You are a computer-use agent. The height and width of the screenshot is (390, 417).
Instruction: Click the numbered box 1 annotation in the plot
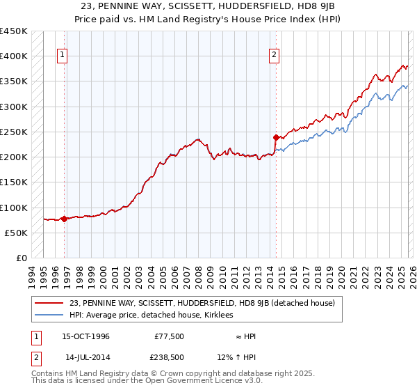point(63,55)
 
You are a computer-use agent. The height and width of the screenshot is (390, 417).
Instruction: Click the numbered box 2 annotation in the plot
point(274,55)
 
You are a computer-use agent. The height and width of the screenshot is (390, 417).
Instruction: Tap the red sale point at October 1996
point(65,219)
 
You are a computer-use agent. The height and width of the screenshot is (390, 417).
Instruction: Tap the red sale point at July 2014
point(276,137)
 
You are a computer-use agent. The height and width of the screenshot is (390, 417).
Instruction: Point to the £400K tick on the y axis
point(13,56)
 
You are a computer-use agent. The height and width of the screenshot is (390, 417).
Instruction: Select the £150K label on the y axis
point(13,182)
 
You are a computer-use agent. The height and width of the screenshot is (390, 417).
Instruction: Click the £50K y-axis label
point(16,233)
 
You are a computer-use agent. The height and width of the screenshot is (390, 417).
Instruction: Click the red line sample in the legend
point(50,303)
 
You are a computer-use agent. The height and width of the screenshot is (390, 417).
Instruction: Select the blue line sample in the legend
point(50,315)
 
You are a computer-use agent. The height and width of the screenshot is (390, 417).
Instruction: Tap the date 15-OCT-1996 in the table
point(87,336)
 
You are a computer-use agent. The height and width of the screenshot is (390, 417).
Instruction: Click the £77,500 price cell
point(169,336)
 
